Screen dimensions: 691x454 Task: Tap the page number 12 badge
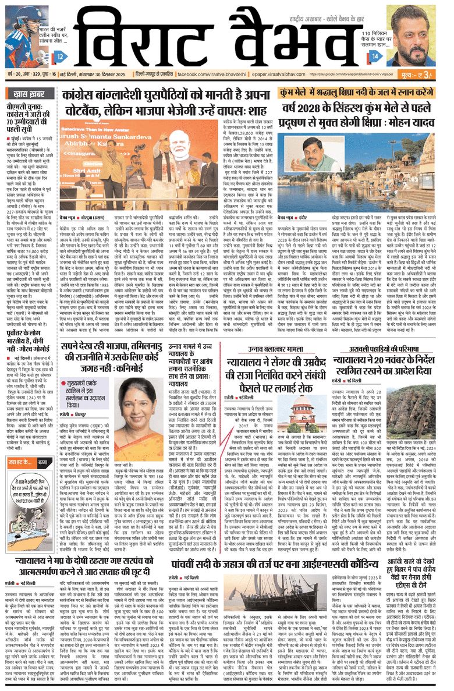point(61,56)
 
